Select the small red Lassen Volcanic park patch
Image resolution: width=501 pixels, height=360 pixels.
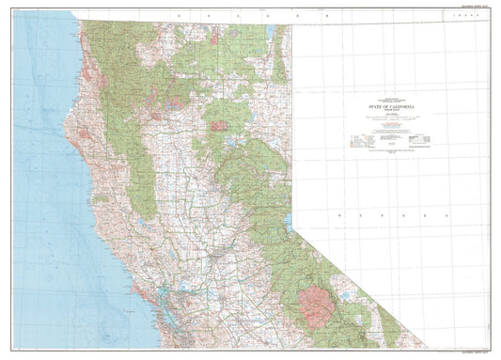click(x=218, y=125)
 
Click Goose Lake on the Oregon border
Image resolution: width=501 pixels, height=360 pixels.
click(x=270, y=31)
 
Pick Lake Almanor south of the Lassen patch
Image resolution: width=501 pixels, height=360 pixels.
click(x=228, y=143)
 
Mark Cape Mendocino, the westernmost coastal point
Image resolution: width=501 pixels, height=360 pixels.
click(x=62, y=119)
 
